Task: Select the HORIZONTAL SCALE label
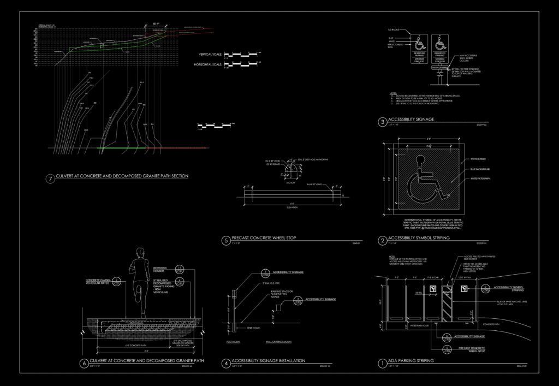pyautogui.click(x=209, y=65)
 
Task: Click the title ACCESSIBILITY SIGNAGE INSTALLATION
pyautogui.click(x=268, y=361)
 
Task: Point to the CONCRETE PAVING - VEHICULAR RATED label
pyautogui.click(x=98, y=283)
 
